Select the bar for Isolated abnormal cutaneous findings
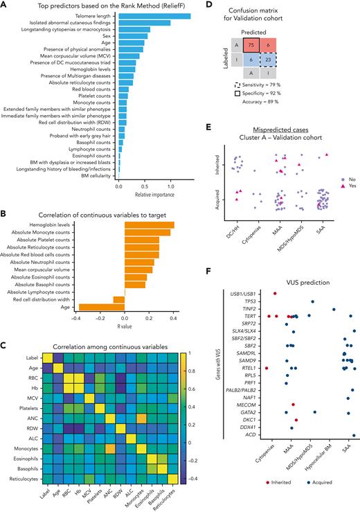(145, 23)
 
